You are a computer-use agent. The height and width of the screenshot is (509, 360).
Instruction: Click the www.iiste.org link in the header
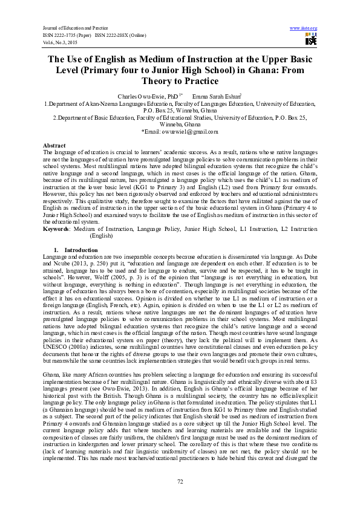tap(304, 28)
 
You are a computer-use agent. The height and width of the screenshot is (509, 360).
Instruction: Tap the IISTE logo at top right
tap(311, 40)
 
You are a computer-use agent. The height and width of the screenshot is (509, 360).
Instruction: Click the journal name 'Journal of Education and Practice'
tap(71, 28)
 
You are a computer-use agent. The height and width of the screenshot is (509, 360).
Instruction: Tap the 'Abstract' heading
tap(54, 146)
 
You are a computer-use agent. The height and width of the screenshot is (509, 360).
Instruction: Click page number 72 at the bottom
tap(180, 481)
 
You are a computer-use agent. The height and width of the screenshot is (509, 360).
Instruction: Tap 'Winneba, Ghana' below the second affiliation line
tap(180, 124)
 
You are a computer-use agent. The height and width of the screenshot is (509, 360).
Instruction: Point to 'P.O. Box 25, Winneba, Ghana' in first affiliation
tap(180, 111)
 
